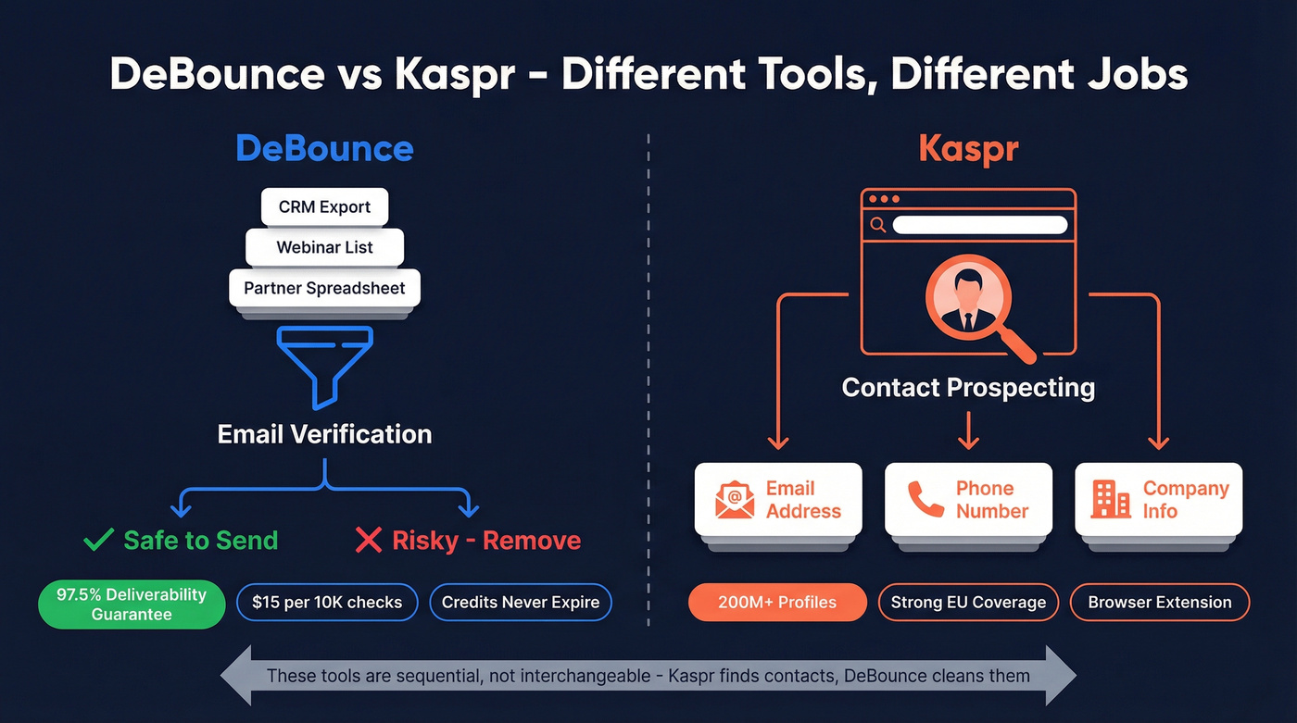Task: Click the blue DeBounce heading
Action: tap(324, 148)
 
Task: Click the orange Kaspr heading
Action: tap(968, 148)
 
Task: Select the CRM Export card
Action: tap(324, 206)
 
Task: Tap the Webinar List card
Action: tap(324, 247)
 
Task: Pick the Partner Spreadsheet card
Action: tap(324, 288)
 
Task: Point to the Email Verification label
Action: tap(324, 433)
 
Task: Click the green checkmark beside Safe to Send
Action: tap(98, 540)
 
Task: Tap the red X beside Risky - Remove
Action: tap(368, 540)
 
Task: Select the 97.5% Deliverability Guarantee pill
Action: tap(131, 604)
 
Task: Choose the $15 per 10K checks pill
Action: tap(327, 602)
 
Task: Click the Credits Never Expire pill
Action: tap(521, 602)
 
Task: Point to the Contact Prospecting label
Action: tap(968, 387)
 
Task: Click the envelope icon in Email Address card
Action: tap(735, 500)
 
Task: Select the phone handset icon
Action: tap(926, 500)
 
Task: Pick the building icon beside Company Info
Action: tap(1111, 500)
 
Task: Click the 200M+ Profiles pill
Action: tap(777, 602)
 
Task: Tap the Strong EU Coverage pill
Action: tap(968, 602)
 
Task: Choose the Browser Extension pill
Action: tap(1159, 602)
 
